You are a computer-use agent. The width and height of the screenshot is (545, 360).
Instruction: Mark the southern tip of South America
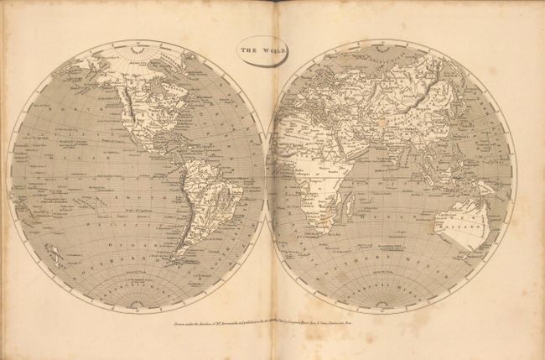[x=172, y=266]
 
